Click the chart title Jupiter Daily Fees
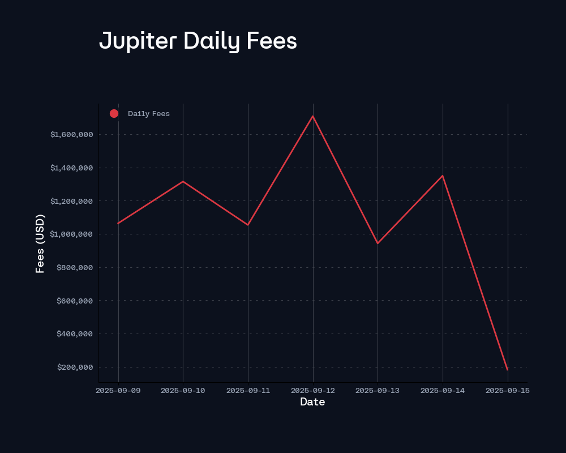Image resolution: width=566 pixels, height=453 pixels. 198,41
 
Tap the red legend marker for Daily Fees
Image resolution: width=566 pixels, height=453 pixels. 114,114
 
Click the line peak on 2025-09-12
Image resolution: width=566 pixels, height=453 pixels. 313,116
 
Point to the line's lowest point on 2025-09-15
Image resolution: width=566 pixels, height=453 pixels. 507,370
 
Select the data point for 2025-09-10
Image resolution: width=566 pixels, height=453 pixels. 183,181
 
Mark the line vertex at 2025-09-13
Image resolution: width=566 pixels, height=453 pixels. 378,243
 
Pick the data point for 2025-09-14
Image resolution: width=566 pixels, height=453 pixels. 443,176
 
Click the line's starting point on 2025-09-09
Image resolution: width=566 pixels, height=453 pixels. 118,223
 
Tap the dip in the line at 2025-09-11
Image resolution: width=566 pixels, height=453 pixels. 248,225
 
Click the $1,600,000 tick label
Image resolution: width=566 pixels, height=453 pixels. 71,135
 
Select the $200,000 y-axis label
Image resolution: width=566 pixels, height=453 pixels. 75,367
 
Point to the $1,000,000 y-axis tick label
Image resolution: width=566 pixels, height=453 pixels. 71,234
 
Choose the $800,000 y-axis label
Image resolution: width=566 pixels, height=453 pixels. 75,268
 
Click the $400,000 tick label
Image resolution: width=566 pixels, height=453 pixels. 75,334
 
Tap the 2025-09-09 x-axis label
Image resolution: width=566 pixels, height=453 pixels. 118,390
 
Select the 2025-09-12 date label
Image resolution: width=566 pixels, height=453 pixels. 313,390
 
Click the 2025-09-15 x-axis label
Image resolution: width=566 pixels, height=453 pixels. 507,390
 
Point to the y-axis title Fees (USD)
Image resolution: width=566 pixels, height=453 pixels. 40,243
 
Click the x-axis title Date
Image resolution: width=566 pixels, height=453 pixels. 312,402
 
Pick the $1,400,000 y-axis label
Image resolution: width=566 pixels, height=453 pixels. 71,168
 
